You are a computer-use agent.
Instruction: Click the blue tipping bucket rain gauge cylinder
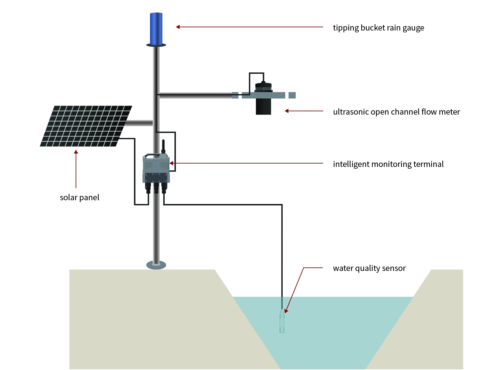tap(156, 29)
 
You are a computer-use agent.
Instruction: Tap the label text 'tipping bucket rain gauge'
tap(378, 28)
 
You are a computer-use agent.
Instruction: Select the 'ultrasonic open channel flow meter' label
tap(396, 112)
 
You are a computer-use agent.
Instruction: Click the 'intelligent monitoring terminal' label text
tap(388, 164)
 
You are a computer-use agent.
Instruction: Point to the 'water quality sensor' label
tap(369, 268)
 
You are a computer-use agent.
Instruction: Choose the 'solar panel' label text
tap(79, 197)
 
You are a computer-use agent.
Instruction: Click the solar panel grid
tap(86, 126)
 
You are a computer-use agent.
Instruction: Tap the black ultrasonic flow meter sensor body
tap(263, 106)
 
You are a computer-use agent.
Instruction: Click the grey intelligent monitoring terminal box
tap(156, 168)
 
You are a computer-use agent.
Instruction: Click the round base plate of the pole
tap(156, 265)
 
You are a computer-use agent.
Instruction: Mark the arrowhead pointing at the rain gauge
tap(178, 27)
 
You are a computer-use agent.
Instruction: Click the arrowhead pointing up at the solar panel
tap(76, 152)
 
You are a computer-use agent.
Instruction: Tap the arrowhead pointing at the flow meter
tap(287, 111)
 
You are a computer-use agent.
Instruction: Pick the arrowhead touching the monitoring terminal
tap(171, 163)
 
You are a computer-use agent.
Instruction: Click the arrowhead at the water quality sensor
tap(286, 311)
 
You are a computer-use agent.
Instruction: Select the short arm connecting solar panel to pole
tap(138, 123)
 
